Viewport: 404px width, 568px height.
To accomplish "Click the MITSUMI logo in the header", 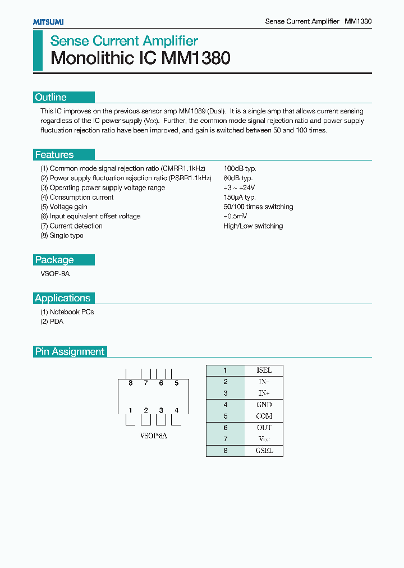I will point(48,21).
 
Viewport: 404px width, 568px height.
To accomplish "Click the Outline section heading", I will point(50,97).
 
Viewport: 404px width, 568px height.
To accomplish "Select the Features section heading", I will point(54,155).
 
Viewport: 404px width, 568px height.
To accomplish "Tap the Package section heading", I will point(54,260).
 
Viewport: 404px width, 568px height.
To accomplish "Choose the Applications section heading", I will point(62,298).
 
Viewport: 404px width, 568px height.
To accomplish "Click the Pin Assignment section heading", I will point(70,351).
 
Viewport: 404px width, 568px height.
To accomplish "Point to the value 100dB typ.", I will point(240,168).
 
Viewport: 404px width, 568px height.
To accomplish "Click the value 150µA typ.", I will point(240,197).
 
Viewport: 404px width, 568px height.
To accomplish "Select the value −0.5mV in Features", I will point(235,216).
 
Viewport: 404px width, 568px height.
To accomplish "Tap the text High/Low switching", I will point(253,226).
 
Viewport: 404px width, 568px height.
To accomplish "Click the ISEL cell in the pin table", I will point(264,370).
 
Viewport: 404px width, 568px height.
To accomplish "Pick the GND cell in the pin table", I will point(264,404).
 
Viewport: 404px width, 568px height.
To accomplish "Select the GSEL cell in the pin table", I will point(264,451).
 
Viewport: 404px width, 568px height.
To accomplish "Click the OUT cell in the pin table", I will point(264,428).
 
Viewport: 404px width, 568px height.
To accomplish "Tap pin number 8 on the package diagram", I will point(130,383).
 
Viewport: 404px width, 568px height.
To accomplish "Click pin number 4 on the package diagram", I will point(176,410).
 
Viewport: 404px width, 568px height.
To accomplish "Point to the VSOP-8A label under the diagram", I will point(153,436).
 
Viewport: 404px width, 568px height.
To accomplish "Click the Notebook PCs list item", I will point(67,312).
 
